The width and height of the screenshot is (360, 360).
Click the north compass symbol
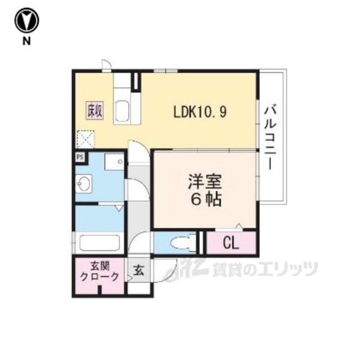point(26,21)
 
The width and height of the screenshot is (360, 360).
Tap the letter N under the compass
point(26,41)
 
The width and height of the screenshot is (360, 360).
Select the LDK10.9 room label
point(200,112)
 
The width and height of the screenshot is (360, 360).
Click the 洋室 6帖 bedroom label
point(205,190)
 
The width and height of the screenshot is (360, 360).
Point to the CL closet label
point(231,244)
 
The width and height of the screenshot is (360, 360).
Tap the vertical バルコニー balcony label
point(271,137)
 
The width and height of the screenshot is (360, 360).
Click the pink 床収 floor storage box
point(95,111)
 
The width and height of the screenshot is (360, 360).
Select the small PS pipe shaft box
point(80,157)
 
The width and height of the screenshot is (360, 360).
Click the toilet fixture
point(183,243)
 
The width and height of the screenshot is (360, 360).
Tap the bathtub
point(100,243)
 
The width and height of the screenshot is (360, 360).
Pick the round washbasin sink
point(83,184)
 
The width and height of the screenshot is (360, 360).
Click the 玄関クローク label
point(99,272)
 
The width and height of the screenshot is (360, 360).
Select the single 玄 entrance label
point(139,270)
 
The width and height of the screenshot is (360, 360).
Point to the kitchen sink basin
point(121,111)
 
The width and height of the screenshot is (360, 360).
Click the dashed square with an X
point(85,139)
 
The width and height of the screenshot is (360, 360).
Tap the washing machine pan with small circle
point(114,161)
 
